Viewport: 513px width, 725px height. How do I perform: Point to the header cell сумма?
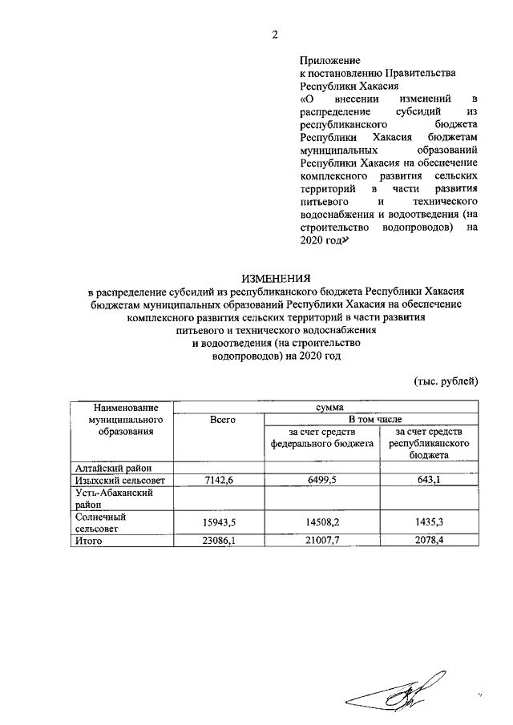325,407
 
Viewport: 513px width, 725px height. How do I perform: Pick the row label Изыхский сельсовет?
119,480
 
